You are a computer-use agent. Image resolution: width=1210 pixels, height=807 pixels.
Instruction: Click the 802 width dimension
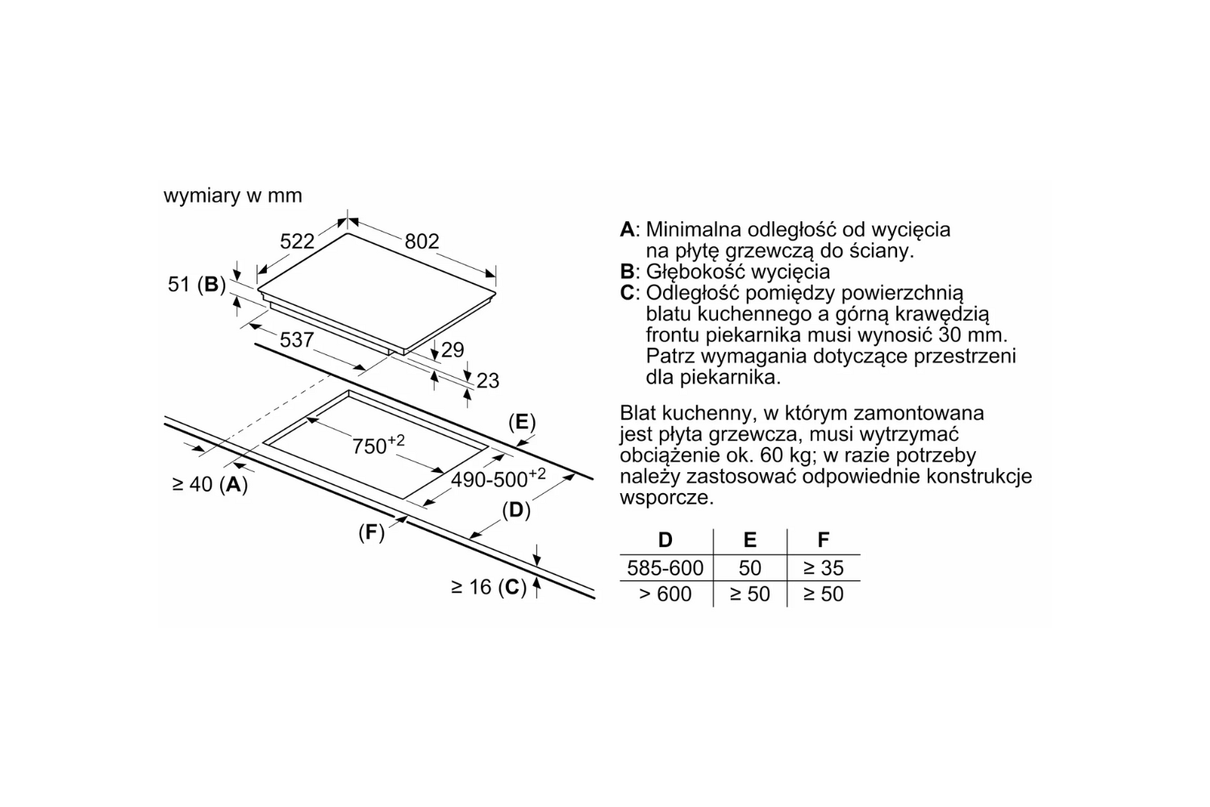(x=422, y=241)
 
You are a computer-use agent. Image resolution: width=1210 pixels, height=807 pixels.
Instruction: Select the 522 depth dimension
(x=297, y=241)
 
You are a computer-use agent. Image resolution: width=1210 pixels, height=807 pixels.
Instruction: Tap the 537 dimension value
(x=297, y=340)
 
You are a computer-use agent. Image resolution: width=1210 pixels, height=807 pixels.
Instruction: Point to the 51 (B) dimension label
(x=197, y=284)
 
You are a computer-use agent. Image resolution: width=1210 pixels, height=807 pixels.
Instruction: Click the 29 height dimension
(x=453, y=350)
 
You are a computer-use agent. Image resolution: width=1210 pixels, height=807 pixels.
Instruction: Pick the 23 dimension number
(x=488, y=381)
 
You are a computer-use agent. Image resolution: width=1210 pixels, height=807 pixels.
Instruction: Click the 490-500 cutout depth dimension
(x=498, y=479)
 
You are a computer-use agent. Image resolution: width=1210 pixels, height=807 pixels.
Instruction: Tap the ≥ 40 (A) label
(x=210, y=484)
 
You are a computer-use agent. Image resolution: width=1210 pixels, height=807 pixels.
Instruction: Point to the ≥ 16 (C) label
(x=489, y=587)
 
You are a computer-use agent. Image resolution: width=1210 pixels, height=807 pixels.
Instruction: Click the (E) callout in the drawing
(x=522, y=421)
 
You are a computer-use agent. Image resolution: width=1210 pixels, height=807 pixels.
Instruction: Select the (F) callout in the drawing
(x=372, y=533)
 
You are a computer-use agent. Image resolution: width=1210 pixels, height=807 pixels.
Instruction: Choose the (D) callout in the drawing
(x=516, y=510)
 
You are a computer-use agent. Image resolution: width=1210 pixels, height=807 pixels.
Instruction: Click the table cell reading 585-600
(x=665, y=568)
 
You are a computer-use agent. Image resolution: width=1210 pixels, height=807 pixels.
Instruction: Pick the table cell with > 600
(x=665, y=594)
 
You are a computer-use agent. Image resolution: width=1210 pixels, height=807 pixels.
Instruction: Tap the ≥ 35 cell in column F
(x=824, y=568)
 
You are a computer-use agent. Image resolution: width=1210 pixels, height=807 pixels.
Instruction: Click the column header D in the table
(x=665, y=539)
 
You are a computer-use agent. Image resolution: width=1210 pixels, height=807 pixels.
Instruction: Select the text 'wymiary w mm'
(x=233, y=195)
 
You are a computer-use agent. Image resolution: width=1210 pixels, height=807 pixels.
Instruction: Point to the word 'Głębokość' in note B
(x=694, y=272)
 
